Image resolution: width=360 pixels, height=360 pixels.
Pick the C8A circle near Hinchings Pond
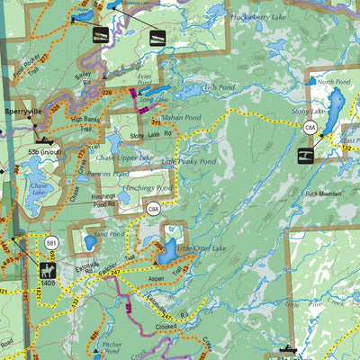154,209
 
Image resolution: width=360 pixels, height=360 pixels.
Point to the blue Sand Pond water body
90,243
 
